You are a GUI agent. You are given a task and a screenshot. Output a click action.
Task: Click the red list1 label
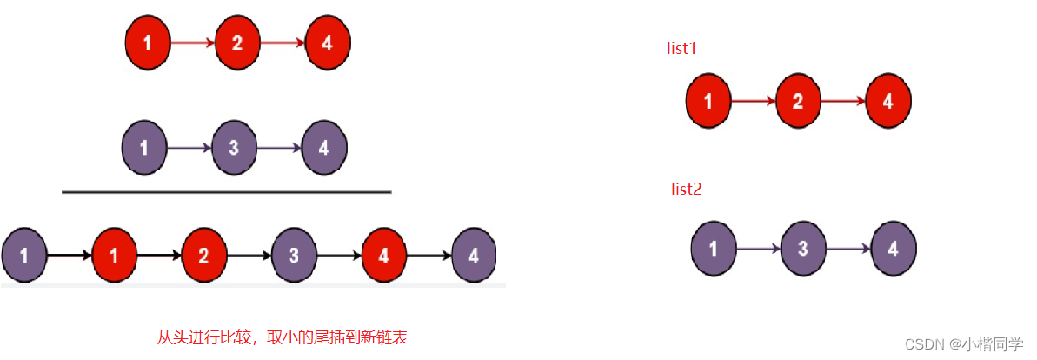click(x=681, y=49)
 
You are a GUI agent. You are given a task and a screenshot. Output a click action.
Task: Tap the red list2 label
click(x=686, y=189)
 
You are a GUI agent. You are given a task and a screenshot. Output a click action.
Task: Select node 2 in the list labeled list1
click(x=798, y=100)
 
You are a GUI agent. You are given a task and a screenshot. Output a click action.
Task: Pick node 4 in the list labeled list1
click(x=887, y=100)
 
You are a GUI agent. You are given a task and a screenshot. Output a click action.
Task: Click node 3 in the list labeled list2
click(x=803, y=248)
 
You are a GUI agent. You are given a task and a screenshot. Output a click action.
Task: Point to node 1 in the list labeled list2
click(x=714, y=248)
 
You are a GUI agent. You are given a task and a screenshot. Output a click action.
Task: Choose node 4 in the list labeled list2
click(x=893, y=248)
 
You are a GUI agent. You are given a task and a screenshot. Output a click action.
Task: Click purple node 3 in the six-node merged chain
click(x=294, y=256)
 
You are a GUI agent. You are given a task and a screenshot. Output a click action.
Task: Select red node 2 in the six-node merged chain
click(x=203, y=256)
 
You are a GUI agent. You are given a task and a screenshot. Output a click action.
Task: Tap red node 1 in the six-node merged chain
click(x=114, y=256)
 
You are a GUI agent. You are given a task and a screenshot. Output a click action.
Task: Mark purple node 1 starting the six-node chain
click(x=23, y=256)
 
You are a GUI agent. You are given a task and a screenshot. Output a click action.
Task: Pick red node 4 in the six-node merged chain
click(x=383, y=256)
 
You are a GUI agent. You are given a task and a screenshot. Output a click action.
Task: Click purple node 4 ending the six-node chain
click(x=474, y=256)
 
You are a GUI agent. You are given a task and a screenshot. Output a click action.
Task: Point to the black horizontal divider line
click(x=227, y=191)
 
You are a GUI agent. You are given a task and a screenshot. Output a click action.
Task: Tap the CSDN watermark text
click(x=963, y=344)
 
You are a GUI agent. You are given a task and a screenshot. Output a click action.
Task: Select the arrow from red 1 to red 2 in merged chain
click(x=159, y=256)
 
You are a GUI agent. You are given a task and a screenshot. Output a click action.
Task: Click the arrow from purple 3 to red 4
click(x=339, y=256)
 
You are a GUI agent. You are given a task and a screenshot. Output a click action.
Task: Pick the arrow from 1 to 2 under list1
click(x=753, y=100)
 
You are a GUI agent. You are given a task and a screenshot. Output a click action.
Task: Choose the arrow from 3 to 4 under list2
click(x=848, y=248)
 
